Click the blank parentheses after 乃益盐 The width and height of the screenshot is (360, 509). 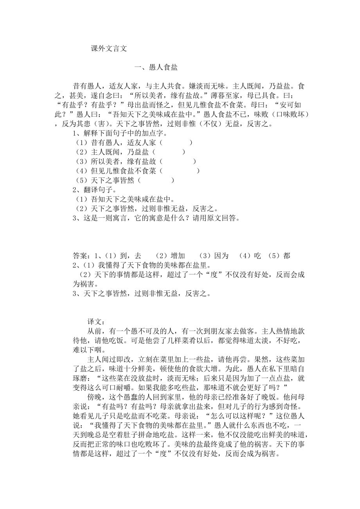169,152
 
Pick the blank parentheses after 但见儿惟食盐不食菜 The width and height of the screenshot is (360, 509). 180,170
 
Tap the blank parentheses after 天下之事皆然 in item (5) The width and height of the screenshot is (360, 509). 157,180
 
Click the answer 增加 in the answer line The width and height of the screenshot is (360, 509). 176,256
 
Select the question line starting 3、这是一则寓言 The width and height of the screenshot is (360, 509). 155,219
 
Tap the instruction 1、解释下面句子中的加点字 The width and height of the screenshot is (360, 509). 117,134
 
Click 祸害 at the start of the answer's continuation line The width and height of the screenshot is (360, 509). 83,284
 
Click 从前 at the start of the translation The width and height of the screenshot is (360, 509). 95,331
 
